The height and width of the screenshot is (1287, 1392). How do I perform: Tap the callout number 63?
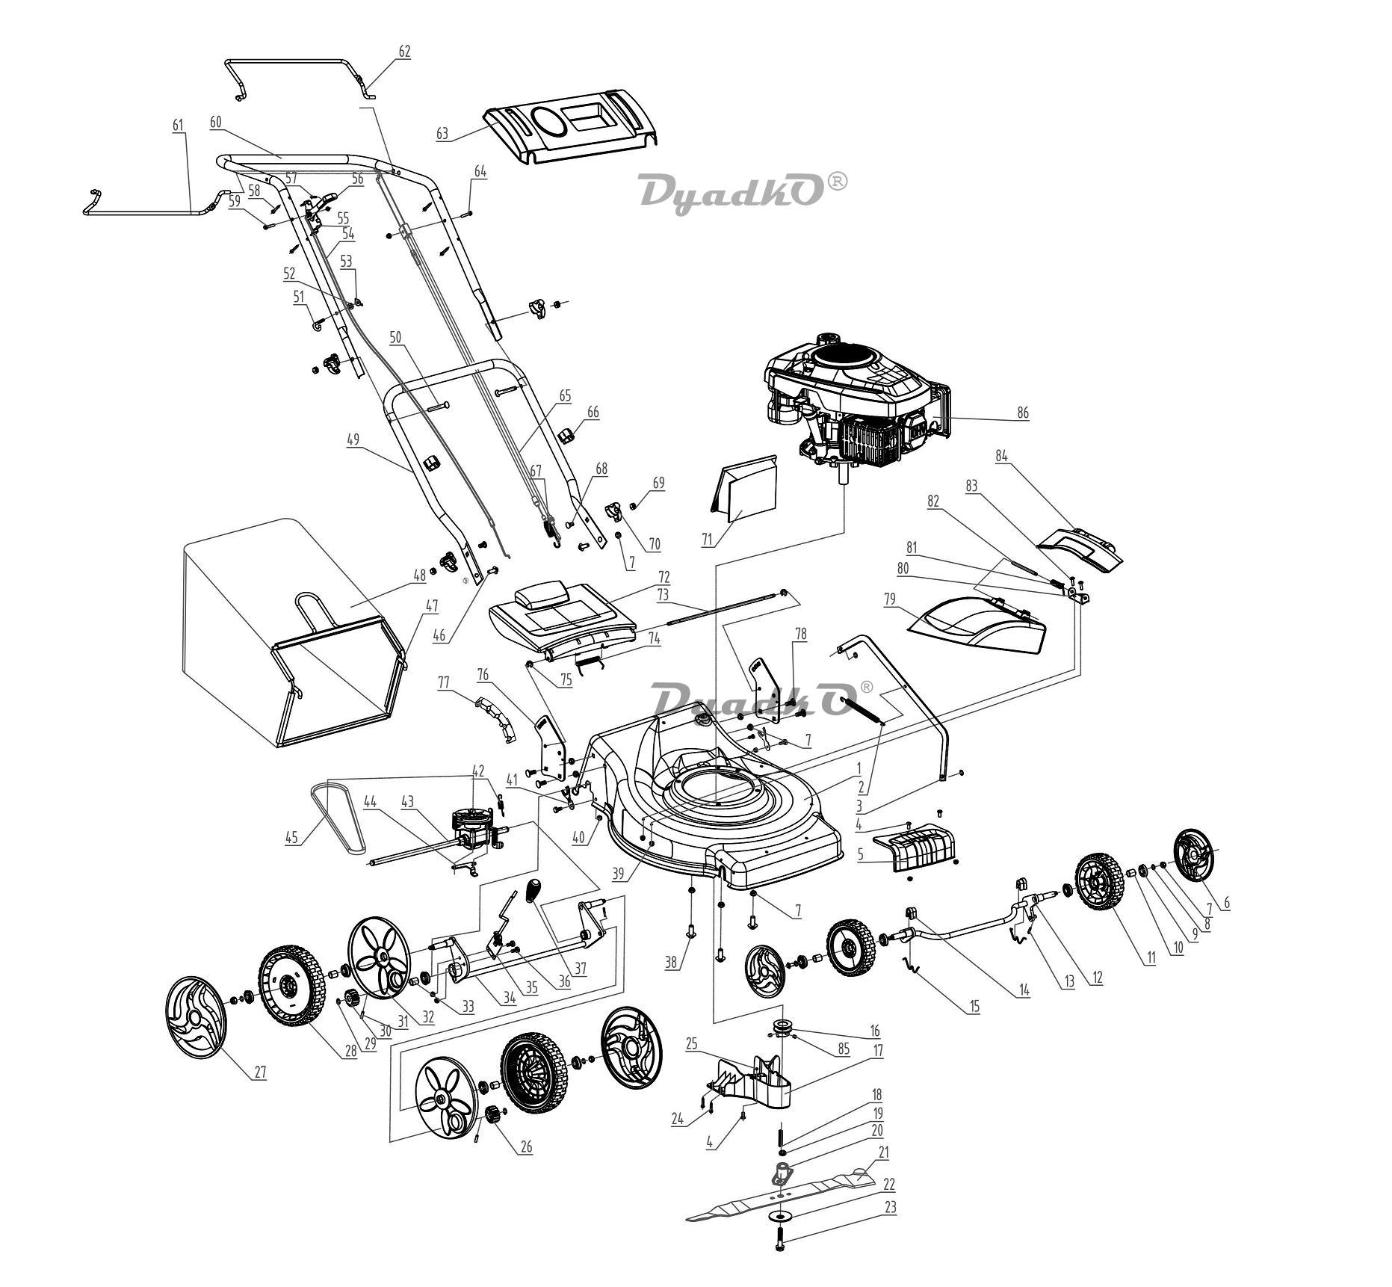coord(442,134)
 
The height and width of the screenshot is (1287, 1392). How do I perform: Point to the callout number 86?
coord(1022,413)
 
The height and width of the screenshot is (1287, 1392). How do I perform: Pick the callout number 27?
coord(259,1072)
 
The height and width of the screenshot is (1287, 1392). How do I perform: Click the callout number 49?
coord(353,439)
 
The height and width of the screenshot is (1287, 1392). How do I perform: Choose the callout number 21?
coord(884,1153)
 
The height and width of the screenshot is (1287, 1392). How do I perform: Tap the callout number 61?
coord(178,126)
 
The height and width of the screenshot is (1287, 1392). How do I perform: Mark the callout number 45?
coord(292,838)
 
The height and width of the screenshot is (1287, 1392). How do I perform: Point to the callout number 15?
coord(974,1007)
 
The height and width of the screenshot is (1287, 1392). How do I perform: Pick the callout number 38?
coord(672,963)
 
